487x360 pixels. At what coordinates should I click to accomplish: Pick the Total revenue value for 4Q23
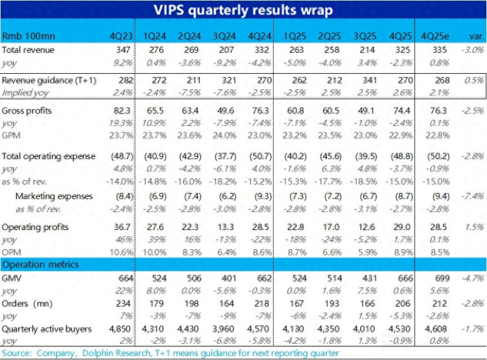pyautogui.click(x=122, y=50)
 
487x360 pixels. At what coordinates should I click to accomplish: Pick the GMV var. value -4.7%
pyautogui.click(x=473, y=278)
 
